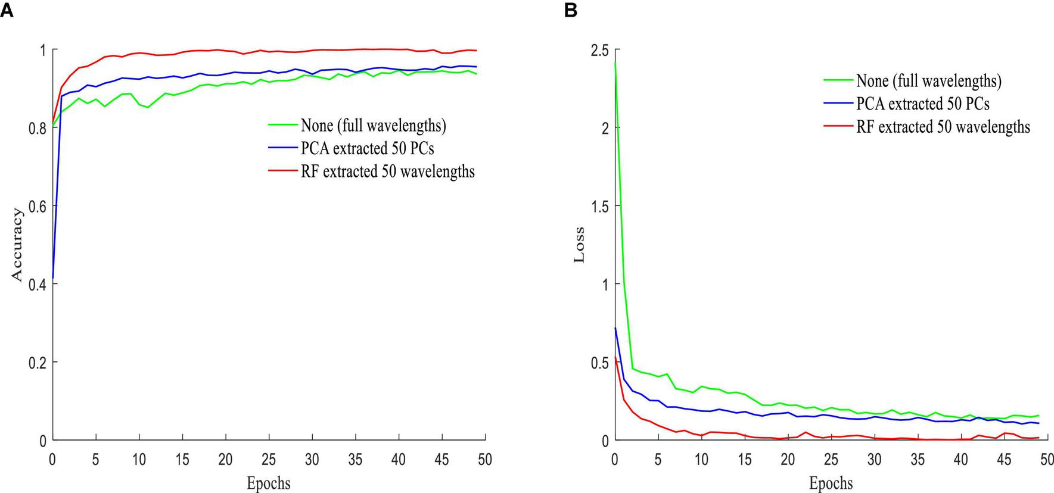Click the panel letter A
coord(7,10)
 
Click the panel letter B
coord(570,10)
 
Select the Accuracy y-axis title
coord(18,245)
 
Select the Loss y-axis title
coord(579,245)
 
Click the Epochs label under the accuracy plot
coord(269,483)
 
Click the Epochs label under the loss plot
coord(831,483)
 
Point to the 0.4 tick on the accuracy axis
coord(38,284)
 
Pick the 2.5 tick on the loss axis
coord(599,50)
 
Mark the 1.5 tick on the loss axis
coord(599,206)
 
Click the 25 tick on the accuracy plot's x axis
coord(269,460)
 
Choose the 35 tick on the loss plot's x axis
coord(917,460)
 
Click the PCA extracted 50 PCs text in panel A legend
coord(367,148)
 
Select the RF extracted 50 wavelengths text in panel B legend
coord(943,127)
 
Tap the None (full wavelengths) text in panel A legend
coord(373,126)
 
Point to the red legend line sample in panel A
coord(282,171)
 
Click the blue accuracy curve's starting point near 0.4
coord(54,277)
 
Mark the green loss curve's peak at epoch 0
coord(615,63)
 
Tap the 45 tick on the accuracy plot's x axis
coord(442,460)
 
